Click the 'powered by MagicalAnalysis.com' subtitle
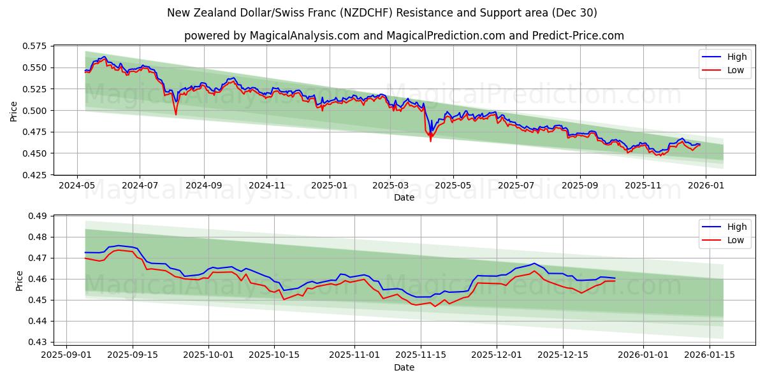(x=404, y=36)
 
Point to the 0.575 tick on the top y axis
(x=36, y=46)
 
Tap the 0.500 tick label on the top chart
(x=36, y=110)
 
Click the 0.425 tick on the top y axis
(x=36, y=174)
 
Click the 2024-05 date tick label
(x=77, y=185)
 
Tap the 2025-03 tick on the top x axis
(x=391, y=185)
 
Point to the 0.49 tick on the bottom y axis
(x=38, y=216)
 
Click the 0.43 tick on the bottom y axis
(x=38, y=342)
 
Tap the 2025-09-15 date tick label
(x=133, y=355)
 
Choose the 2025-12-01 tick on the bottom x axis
(x=497, y=355)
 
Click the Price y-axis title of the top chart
(x=14, y=110)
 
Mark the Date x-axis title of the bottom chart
(x=404, y=367)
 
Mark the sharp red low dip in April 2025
(x=430, y=140)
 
